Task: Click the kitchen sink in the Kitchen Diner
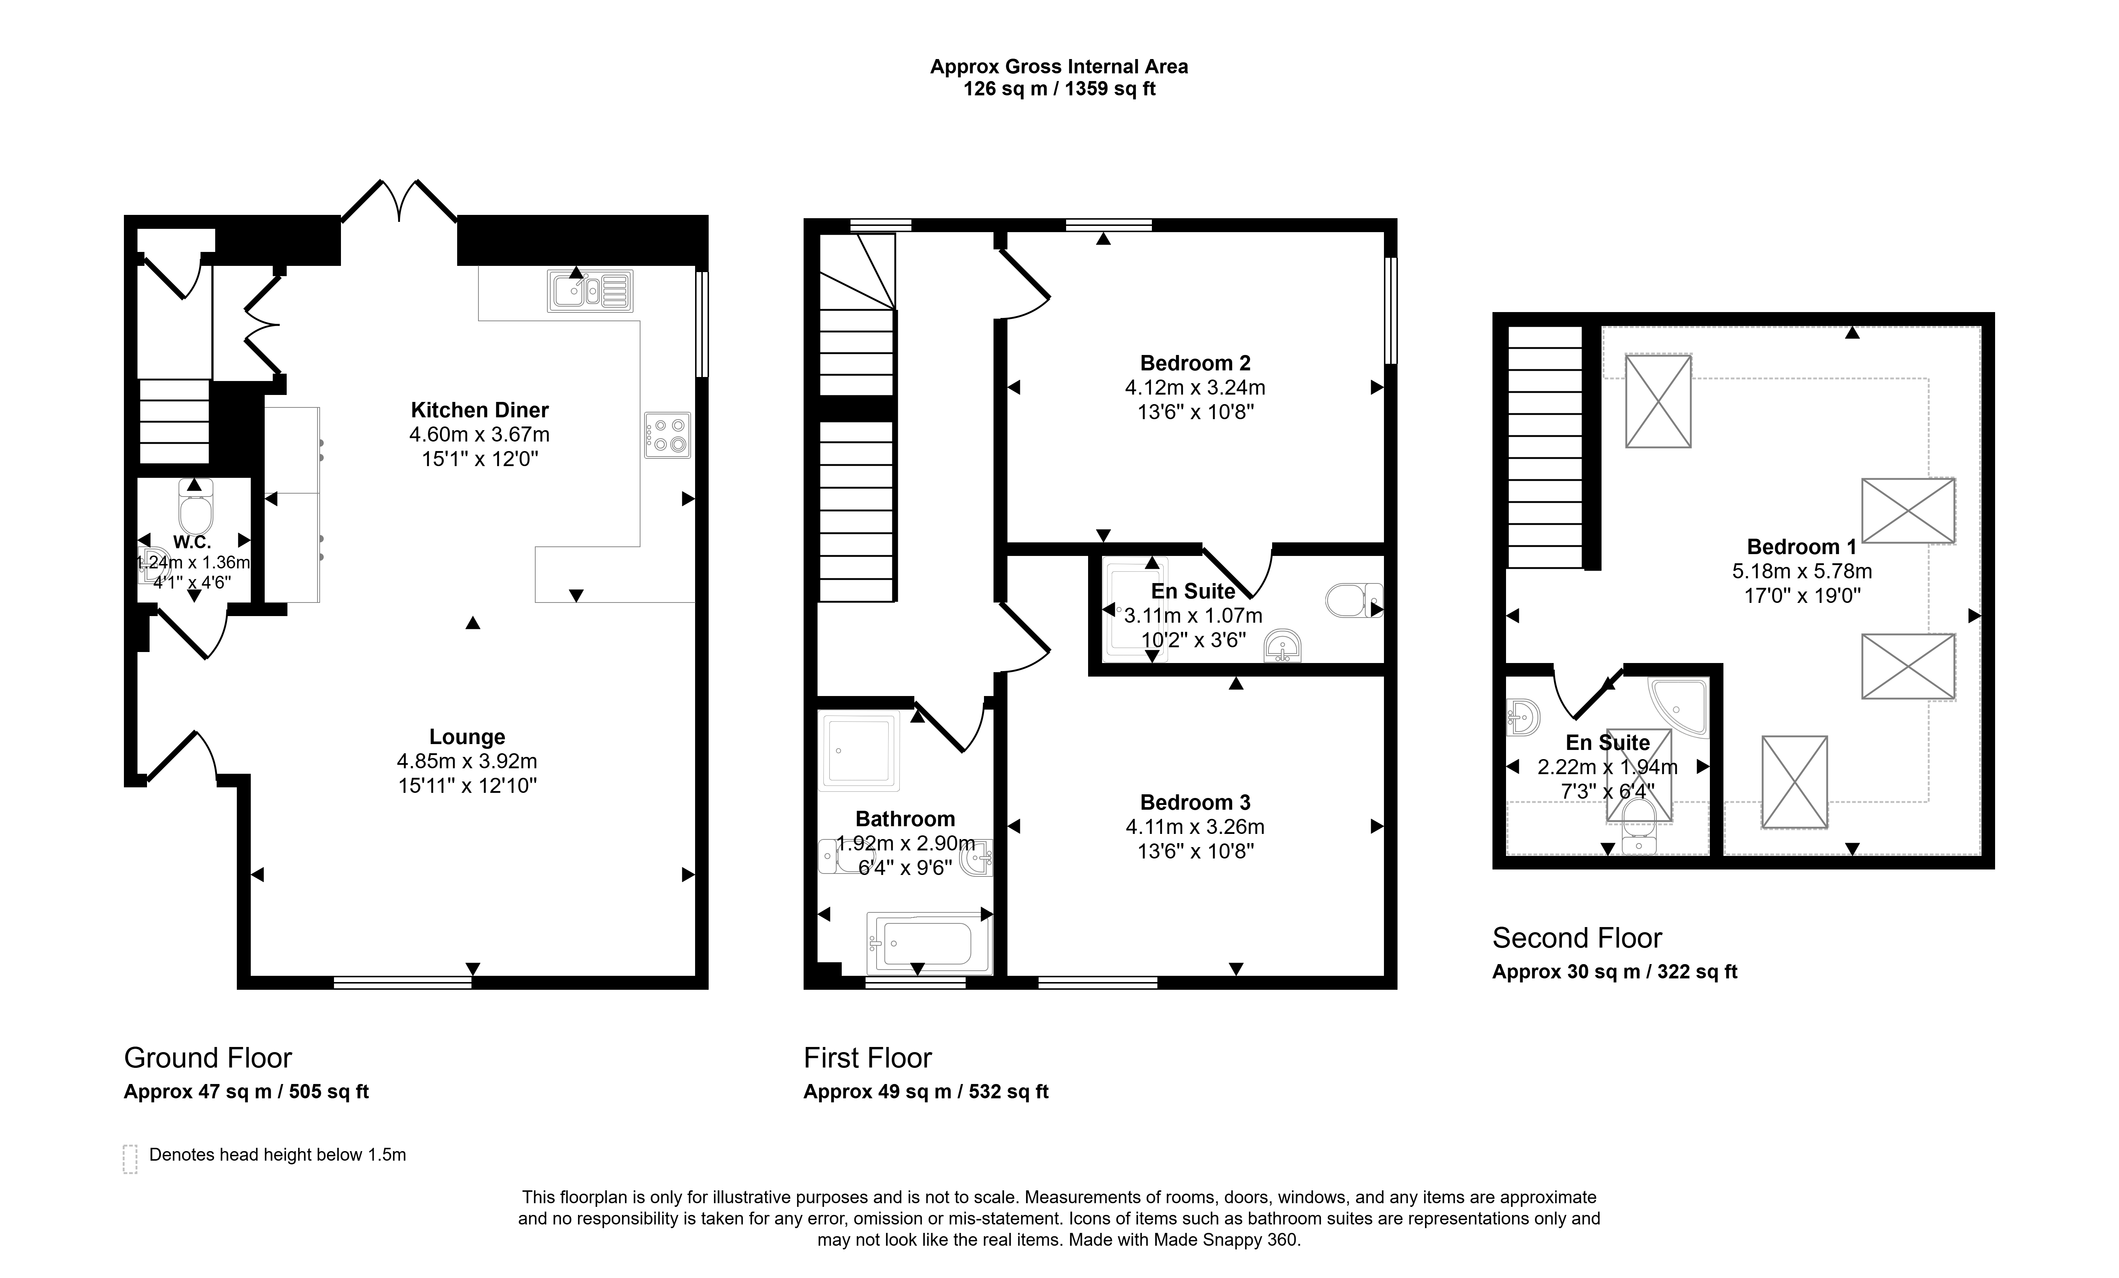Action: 590,291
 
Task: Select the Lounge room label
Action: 467,737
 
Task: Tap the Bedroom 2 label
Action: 1196,363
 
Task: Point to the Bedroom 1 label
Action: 1802,547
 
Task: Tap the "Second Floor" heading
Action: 1577,937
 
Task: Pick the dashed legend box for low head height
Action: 130,1158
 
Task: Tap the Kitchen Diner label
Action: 480,410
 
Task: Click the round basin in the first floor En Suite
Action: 1283,646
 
